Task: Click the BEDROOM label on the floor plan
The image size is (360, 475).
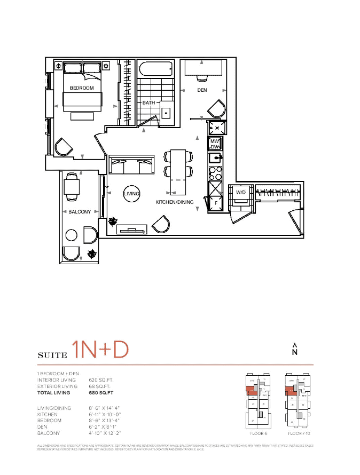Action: point(82,88)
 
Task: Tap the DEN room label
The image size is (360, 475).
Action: point(202,90)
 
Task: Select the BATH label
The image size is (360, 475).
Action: point(148,102)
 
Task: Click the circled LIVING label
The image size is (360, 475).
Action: point(131,194)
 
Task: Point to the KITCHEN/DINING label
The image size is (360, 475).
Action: point(175,202)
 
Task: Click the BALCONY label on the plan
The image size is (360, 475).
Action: point(80,212)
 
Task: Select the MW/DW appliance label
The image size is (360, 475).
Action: point(215,144)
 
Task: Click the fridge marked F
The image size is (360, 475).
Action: point(216,203)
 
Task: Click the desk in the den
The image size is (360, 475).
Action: point(202,68)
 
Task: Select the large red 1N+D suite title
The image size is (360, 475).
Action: point(101,349)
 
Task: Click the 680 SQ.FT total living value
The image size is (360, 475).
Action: point(101,393)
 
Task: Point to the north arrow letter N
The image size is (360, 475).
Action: point(294,352)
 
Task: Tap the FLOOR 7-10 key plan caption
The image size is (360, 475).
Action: point(298,433)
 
